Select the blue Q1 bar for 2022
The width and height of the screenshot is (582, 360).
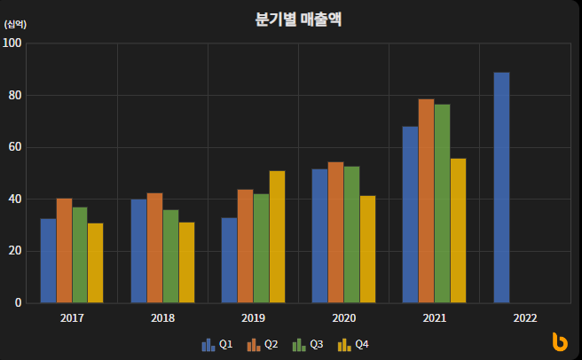501,188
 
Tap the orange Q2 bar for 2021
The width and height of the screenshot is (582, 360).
427,201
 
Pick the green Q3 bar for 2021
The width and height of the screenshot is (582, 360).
443,204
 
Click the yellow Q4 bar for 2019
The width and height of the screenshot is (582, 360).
277,237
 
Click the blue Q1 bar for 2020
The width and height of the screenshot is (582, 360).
319,236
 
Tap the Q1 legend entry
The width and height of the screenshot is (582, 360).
216,344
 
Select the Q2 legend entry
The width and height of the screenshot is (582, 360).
262,344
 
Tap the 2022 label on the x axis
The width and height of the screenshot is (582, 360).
525,317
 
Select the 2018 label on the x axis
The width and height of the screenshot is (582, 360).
162,317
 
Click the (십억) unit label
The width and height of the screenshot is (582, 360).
16,24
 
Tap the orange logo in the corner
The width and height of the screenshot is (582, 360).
559,341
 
